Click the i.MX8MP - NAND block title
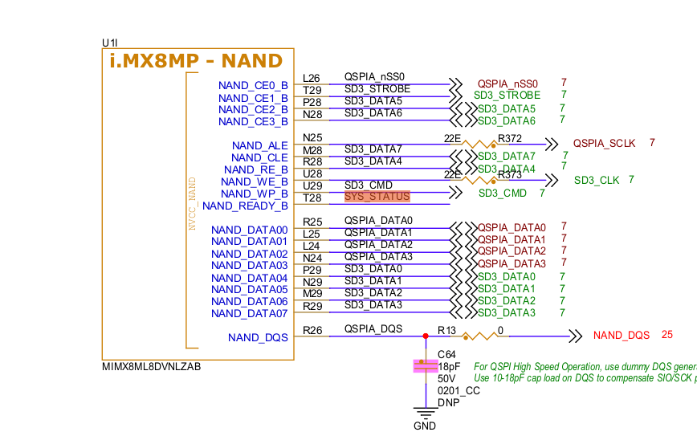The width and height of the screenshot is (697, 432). point(195,61)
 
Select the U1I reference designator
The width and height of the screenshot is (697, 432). point(110,42)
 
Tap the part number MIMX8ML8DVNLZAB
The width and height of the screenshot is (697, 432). point(152,366)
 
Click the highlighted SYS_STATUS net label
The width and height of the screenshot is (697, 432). point(377,197)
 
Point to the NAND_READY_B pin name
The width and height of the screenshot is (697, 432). point(245,206)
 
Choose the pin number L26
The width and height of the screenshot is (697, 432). point(312,78)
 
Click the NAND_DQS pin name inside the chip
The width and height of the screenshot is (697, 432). point(258,338)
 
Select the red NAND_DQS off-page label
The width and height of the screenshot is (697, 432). point(621,335)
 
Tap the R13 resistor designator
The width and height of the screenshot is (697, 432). point(446,329)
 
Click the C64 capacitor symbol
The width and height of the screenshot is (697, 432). point(424,366)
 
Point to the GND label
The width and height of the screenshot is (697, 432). point(425,426)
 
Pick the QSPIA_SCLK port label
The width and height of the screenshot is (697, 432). point(604,143)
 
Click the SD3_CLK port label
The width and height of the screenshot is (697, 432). point(597,180)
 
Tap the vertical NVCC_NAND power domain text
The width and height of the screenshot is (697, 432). point(192,204)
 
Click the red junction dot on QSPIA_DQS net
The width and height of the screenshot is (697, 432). point(425,336)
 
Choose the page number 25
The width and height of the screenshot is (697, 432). point(667,335)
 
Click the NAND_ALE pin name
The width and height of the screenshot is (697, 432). point(259,145)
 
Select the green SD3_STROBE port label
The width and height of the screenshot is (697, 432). point(507,95)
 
